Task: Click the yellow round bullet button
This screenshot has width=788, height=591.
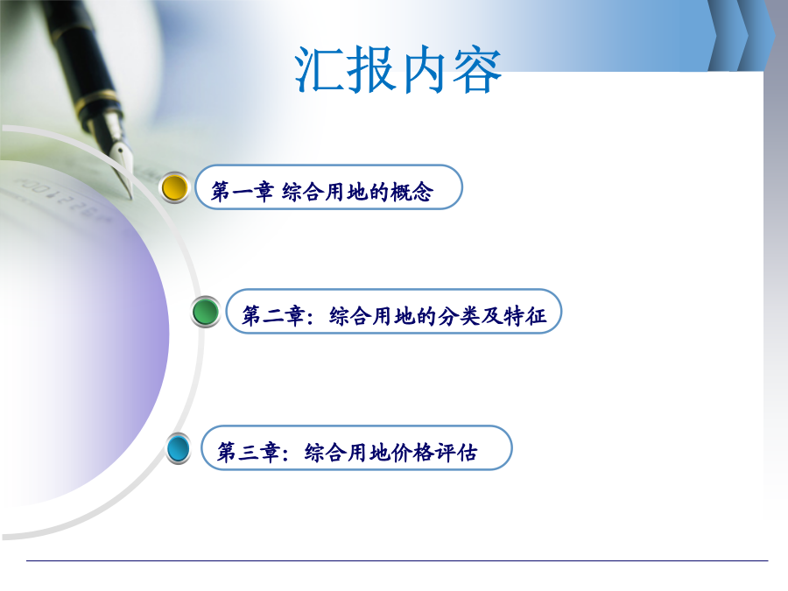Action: click(x=174, y=188)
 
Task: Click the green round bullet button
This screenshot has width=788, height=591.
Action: click(x=206, y=312)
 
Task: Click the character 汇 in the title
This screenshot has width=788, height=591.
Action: click(x=319, y=69)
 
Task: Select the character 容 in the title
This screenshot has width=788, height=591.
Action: click(x=476, y=69)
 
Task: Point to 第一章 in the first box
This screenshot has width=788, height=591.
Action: click(x=243, y=192)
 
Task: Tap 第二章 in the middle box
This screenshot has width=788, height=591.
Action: click(x=273, y=316)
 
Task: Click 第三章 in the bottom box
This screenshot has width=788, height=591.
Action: click(x=249, y=453)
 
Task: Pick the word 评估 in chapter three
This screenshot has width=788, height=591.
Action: click(x=456, y=453)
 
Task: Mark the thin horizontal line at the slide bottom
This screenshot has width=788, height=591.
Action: click(x=397, y=560)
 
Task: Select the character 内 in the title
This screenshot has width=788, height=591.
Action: click(x=425, y=69)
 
